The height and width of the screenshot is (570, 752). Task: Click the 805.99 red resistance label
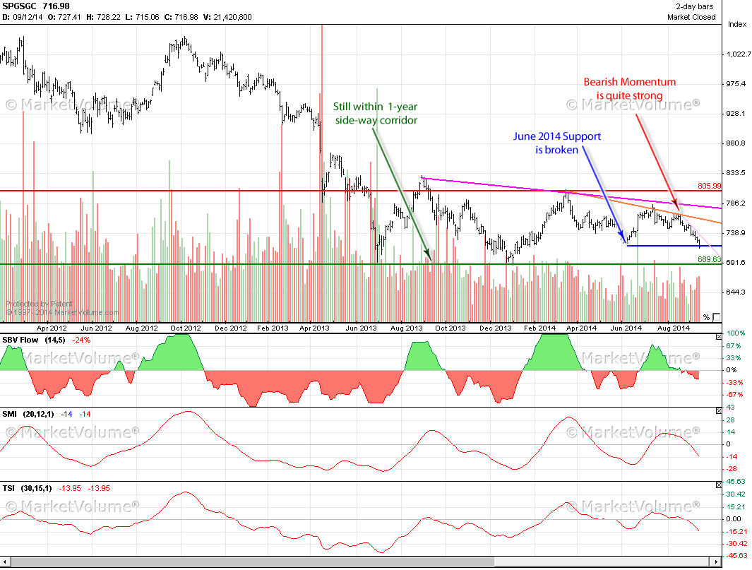tap(709, 186)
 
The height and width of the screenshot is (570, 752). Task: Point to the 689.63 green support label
tap(709, 259)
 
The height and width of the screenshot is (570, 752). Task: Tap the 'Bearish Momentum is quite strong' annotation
tap(629, 88)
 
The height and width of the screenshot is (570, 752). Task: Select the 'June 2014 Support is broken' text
tap(557, 143)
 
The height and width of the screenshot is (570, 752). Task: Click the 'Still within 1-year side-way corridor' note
tap(376, 113)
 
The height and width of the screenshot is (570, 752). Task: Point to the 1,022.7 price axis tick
tap(737, 54)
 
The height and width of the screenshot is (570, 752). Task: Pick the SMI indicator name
tap(11, 413)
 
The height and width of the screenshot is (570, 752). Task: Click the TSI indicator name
tap(10, 487)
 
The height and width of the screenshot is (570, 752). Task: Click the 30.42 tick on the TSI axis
tap(736, 494)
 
